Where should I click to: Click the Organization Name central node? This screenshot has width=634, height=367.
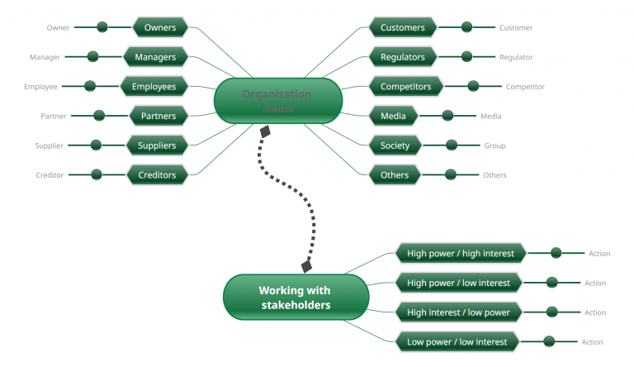point(277,101)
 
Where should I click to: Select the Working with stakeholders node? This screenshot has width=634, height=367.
point(296,298)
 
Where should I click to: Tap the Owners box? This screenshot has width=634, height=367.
point(160,27)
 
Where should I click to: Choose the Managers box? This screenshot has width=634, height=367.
point(155,57)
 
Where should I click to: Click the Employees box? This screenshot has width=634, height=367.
point(154,86)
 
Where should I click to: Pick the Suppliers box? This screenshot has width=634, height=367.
point(157,145)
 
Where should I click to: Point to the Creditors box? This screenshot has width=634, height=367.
point(157,174)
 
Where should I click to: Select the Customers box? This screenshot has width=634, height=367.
point(402,27)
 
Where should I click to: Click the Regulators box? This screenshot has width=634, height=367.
point(402,57)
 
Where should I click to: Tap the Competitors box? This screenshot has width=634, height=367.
point(405,86)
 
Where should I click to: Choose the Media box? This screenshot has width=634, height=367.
point(393,116)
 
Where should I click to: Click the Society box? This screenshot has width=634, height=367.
point(395,145)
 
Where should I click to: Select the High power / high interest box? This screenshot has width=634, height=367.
point(460,253)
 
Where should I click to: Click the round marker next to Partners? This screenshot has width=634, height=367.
point(99,116)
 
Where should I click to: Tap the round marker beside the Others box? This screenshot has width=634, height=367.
point(450,174)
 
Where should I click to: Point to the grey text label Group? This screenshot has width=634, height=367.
point(494,146)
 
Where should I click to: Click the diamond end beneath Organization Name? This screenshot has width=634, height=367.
point(265,131)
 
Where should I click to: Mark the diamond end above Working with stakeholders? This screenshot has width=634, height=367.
point(307,266)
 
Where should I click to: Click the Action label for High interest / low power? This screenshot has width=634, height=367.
point(595,312)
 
